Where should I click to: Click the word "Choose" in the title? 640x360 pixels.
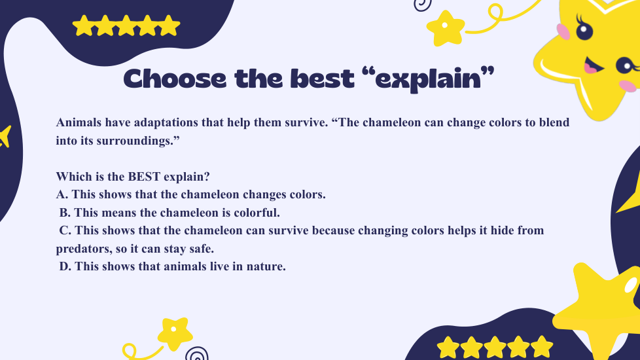175,79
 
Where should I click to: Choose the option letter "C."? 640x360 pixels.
65,230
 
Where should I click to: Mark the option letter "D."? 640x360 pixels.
65,266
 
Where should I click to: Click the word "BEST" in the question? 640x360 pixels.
144,177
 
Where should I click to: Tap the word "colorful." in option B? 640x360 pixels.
257,213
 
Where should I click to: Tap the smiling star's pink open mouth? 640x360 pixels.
593,65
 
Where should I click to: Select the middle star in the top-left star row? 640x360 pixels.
126,26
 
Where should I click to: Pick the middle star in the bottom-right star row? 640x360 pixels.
495,348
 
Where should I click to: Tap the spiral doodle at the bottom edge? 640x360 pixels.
197,353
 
